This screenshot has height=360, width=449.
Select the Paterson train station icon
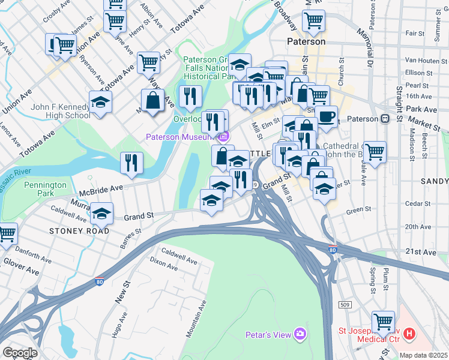tap(385, 118)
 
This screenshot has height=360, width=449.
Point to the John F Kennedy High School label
tap(61, 111)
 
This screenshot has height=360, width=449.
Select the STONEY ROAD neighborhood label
tap(75, 230)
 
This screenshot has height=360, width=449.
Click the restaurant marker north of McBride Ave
tap(131, 163)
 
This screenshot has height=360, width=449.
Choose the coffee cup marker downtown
tap(327, 116)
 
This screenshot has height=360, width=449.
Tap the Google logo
tap(20, 352)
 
